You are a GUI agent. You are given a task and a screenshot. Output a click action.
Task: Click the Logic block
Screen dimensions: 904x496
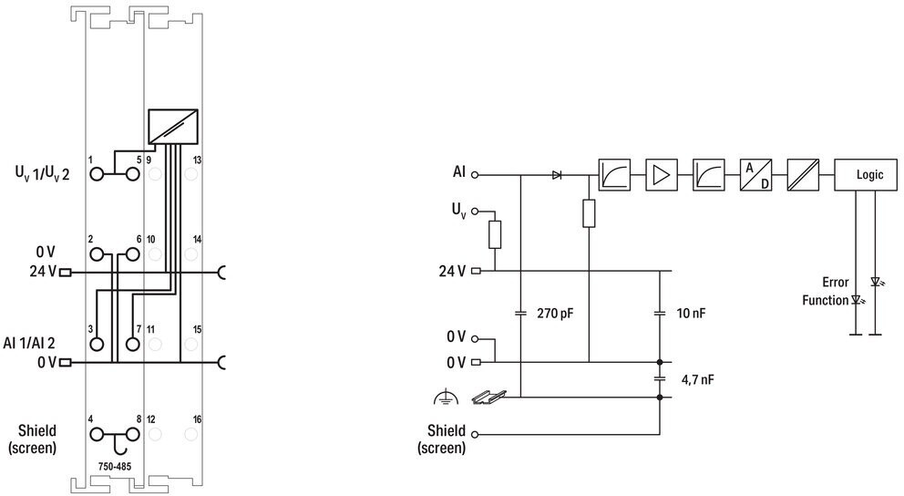[x=866, y=175]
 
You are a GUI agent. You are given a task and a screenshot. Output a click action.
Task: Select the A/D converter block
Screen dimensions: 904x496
[x=755, y=175]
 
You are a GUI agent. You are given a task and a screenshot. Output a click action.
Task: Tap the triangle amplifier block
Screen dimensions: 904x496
[x=662, y=175]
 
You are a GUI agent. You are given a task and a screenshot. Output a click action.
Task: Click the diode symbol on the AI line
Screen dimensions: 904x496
[x=557, y=175]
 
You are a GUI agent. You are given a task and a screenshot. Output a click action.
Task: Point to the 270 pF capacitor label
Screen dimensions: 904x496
[x=555, y=313]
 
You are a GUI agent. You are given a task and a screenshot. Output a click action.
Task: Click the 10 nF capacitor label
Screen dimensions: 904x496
[x=691, y=313]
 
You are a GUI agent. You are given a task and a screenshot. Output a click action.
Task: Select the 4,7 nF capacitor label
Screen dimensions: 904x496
[x=698, y=379]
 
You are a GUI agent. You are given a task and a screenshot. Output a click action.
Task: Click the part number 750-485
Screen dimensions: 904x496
[x=115, y=467]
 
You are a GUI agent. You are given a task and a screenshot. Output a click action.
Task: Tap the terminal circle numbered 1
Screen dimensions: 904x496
[x=97, y=173]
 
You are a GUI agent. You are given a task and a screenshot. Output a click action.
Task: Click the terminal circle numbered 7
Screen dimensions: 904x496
[x=133, y=345]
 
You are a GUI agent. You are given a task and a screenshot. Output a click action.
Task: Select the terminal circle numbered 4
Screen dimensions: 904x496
[x=97, y=434]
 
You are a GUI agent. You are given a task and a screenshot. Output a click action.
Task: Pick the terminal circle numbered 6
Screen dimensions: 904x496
[x=133, y=253]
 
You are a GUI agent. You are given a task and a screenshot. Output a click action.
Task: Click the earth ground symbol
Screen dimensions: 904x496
[x=446, y=398]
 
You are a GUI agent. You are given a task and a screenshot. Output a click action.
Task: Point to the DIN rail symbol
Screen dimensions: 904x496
[x=488, y=397]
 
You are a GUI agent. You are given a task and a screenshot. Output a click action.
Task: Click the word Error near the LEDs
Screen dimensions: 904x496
[x=836, y=282]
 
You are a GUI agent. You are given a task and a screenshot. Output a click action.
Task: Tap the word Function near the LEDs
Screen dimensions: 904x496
[x=825, y=300]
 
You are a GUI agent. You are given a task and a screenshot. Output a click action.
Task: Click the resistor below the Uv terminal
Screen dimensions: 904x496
[x=495, y=234]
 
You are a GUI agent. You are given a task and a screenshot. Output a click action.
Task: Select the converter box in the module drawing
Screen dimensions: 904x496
[x=173, y=127]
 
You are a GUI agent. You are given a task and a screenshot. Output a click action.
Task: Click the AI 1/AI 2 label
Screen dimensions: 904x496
[x=29, y=343]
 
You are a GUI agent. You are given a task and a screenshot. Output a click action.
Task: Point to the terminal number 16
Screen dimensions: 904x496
[x=197, y=419]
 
